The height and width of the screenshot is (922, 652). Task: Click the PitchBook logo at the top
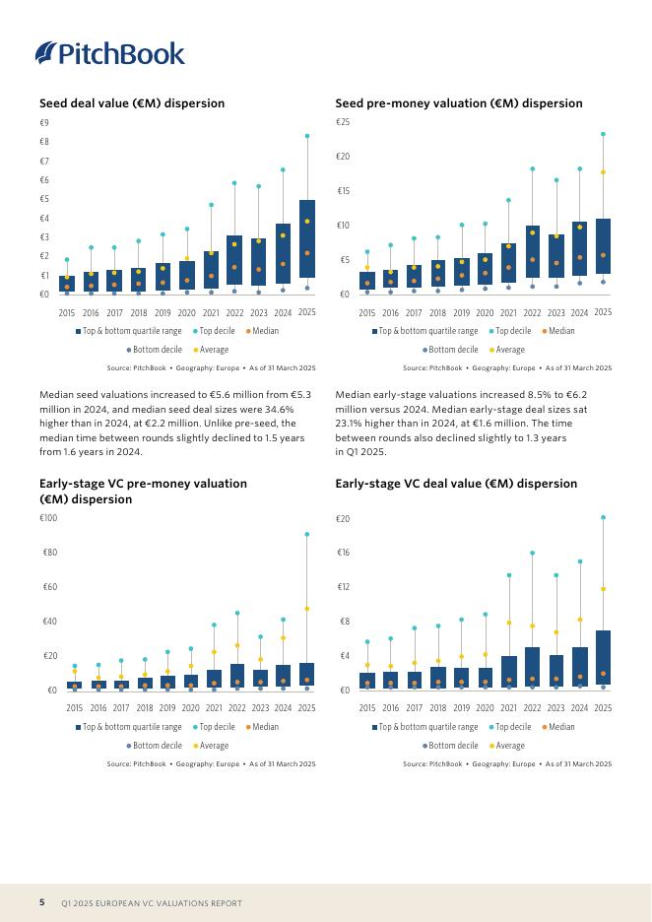point(109,53)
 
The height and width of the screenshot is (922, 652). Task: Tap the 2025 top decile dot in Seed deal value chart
point(307,136)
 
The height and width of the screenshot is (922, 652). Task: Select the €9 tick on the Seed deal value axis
point(43,123)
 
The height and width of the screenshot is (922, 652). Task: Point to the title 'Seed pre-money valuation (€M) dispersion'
point(458,103)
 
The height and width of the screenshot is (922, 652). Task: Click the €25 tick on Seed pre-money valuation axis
point(343,123)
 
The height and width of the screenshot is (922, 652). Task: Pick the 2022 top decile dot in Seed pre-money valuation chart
point(533,168)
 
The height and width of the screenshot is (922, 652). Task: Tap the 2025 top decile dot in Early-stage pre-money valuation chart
point(307,534)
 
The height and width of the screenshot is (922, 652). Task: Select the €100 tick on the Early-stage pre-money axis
point(48,518)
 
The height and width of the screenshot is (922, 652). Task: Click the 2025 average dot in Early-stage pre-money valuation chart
point(307,609)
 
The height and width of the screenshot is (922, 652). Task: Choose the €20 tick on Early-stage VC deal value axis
point(343,518)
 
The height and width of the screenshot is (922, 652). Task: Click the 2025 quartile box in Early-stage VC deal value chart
point(604,657)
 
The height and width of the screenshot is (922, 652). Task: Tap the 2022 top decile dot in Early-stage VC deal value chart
point(533,553)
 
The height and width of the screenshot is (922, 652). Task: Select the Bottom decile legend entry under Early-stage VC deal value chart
point(450,746)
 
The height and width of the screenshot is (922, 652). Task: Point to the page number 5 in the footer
point(42,902)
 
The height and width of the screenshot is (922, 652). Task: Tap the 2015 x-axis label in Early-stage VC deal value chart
point(367,708)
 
